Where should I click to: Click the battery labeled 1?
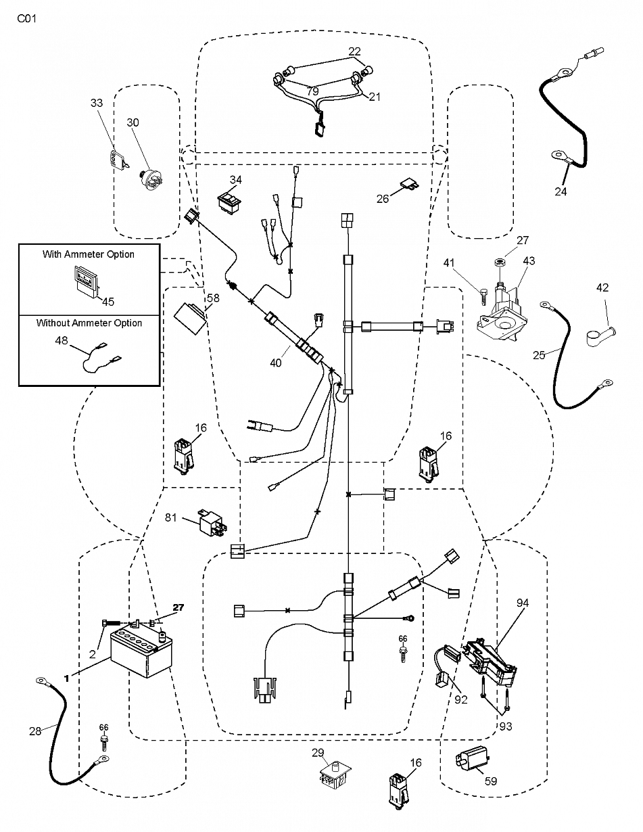pyautogui.click(x=141, y=654)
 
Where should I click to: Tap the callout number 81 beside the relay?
pyautogui.click(x=170, y=517)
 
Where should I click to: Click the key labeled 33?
pyautogui.click(x=117, y=160)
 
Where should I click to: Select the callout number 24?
pyautogui.click(x=561, y=191)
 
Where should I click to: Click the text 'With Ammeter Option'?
pyautogui.click(x=89, y=254)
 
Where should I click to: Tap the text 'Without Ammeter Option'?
pyautogui.click(x=89, y=323)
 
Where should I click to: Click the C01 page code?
pyautogui.click(x=27, y=18)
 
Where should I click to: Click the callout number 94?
pyautogui.click(x=523, y=603)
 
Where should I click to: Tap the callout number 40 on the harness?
pyautogui.click(x=276, y=363)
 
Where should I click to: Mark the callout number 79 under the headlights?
pyautogui.click(x=312, y=91)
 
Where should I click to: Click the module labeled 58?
pyautogui.click(x=191, y=318)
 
